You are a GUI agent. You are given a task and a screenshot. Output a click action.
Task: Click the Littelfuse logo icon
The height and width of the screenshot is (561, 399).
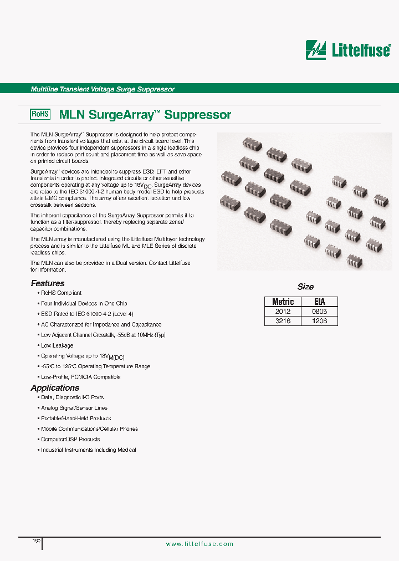tap(316, 50)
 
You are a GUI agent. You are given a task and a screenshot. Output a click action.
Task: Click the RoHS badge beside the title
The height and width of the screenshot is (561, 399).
tap(40, 114)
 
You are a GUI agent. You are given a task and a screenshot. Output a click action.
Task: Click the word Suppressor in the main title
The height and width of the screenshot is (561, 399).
tap(198, 115)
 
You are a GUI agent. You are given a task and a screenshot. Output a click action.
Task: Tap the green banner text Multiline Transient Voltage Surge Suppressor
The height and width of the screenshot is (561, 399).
tap(103, 89)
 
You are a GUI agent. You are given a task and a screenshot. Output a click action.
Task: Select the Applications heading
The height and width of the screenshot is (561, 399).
tap(55, 388)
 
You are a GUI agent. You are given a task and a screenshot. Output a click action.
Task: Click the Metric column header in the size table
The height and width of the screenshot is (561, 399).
tap(283, 302)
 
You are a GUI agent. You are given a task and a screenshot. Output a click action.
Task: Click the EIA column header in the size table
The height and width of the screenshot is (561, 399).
tap(319, 302)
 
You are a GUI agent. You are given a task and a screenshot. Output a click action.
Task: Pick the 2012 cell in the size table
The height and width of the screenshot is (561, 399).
tap(283, 312)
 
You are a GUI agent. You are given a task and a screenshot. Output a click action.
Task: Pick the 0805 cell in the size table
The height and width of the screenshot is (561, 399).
tap(319, 312)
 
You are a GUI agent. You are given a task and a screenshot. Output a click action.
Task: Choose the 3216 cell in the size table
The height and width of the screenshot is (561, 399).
tap(283, 321)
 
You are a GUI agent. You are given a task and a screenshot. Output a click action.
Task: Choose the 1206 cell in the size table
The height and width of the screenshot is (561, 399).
tap(319, 321)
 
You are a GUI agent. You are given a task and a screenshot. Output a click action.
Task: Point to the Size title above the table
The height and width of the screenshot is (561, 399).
tap(305, 287)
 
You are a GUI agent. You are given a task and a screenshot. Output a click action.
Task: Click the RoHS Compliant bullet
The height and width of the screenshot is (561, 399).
tap(61, 293)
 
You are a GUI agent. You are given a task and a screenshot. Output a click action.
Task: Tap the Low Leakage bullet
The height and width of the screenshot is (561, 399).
tap(57, 345)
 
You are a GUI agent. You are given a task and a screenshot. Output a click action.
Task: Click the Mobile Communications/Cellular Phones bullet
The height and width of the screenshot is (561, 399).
tap(89, 429)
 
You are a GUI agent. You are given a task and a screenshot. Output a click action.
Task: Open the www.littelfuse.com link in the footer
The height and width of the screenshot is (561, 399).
tap(199, 544)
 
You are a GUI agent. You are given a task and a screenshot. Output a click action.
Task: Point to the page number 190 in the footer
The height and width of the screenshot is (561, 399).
tap(36, 540)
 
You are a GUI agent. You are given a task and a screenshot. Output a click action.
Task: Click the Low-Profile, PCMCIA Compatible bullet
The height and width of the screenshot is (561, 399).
tap(80, 377)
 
